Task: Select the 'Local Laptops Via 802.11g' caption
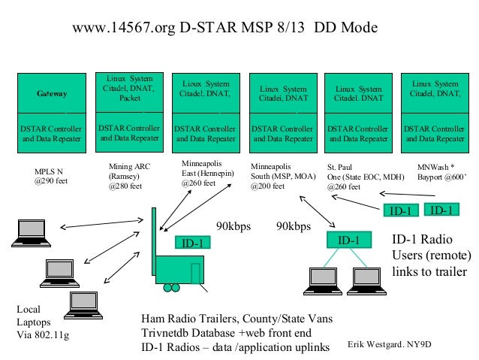pos(42,322)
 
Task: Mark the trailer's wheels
pos(174,288)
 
